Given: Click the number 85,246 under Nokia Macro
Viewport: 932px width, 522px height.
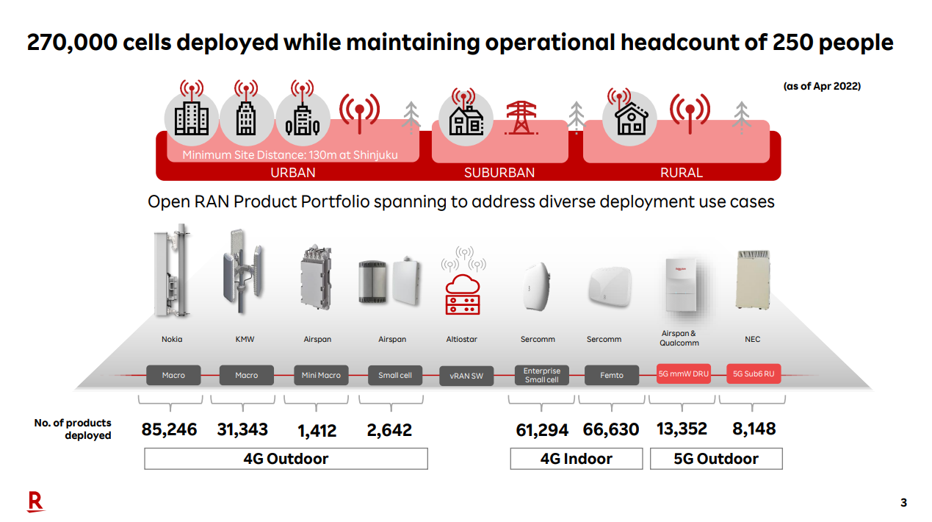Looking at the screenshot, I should pos(169,430).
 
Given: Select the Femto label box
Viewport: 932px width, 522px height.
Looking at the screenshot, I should pos(611,375).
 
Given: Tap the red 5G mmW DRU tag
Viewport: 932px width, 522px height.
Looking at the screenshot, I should pos(683,374).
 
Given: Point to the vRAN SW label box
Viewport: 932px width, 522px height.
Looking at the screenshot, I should pos(466,376).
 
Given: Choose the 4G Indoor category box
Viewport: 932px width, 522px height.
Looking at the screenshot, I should pos(576,459).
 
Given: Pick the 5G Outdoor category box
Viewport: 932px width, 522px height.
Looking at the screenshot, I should pos(716,459).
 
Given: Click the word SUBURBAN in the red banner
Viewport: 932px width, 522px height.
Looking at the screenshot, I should pos(499,173).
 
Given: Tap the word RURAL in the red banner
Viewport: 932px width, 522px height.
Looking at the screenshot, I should pos(681,173).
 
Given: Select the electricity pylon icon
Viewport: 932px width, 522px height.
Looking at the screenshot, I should pos(521,117).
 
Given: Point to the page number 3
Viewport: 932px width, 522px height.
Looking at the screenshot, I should pos(903,503).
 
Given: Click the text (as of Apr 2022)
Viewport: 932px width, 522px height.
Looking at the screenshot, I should pos(822,86).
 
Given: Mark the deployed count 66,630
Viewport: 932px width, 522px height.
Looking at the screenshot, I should pos(611,429).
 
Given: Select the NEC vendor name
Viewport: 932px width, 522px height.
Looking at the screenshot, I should pos(752,339).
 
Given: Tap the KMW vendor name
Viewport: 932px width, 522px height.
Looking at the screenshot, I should pos(246,339).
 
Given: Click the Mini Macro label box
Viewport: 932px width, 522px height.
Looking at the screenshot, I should pos(321,375).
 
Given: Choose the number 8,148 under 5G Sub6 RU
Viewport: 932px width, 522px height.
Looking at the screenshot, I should pos(754,429).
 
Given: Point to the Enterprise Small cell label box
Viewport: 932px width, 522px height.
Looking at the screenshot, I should pos(542,375).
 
